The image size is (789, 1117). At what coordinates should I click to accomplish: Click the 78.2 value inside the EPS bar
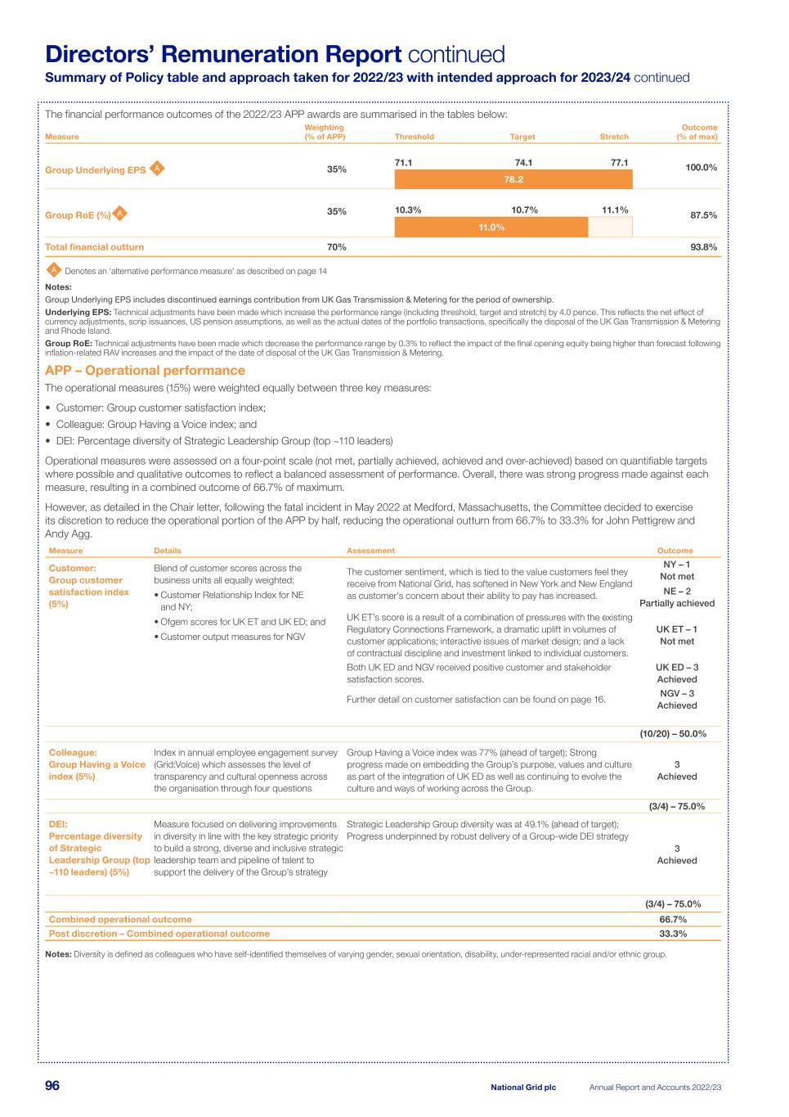point(513,179)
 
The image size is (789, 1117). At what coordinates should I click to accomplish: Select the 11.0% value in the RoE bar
point(491,227)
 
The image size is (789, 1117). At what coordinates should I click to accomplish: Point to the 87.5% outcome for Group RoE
point(704,215)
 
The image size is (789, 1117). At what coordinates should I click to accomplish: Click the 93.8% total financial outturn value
point(704,247)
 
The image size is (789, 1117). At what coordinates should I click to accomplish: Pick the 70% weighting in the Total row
point(337,247)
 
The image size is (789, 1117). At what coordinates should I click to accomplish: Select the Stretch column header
point(614,137)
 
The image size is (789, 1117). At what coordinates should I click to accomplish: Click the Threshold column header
point(415,137)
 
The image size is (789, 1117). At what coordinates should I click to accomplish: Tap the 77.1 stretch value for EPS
point(620,163)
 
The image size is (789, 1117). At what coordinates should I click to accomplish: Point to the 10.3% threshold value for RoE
point(408,210)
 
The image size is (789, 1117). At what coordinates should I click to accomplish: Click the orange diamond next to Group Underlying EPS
point(158,169)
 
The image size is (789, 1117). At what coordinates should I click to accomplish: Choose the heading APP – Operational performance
point(145,371)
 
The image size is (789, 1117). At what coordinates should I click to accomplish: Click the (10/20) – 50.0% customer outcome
point(673,734)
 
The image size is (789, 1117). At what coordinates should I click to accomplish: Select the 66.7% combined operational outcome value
point(673,920)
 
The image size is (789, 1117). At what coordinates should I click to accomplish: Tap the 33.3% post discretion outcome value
point(673,934)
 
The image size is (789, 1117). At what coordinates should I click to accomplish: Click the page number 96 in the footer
point(52,1086)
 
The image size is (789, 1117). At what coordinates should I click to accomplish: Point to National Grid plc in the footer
point(523,1088)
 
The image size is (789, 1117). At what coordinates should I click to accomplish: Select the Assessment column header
point(370,551)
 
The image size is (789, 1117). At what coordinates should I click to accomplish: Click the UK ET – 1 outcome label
point(677,629)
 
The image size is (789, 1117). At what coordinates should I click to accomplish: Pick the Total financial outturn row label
point(95,247)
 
